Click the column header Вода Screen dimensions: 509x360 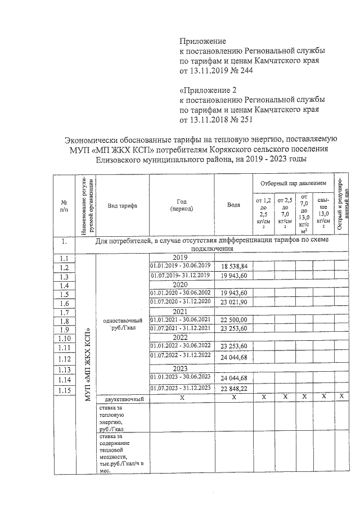coord(233,205)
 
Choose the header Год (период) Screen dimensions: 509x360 coord(181,205)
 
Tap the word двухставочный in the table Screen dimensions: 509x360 coord(119,399)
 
